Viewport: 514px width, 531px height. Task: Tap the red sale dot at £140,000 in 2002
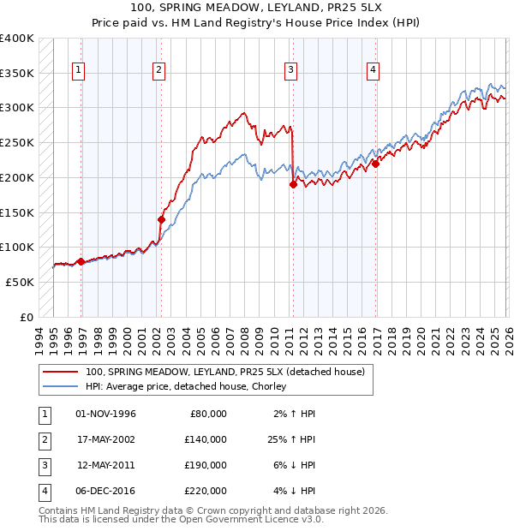coord(161,219)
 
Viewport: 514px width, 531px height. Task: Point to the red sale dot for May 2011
coord(293,184)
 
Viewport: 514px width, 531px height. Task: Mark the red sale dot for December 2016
coord(375,164)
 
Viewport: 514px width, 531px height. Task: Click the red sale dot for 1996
coord(81,261)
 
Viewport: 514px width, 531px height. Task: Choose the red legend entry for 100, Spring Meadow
coord(225,372)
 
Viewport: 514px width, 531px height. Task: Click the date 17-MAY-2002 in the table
coord(105,439)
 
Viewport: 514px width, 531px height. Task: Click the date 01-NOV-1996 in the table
coord(105,414)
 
